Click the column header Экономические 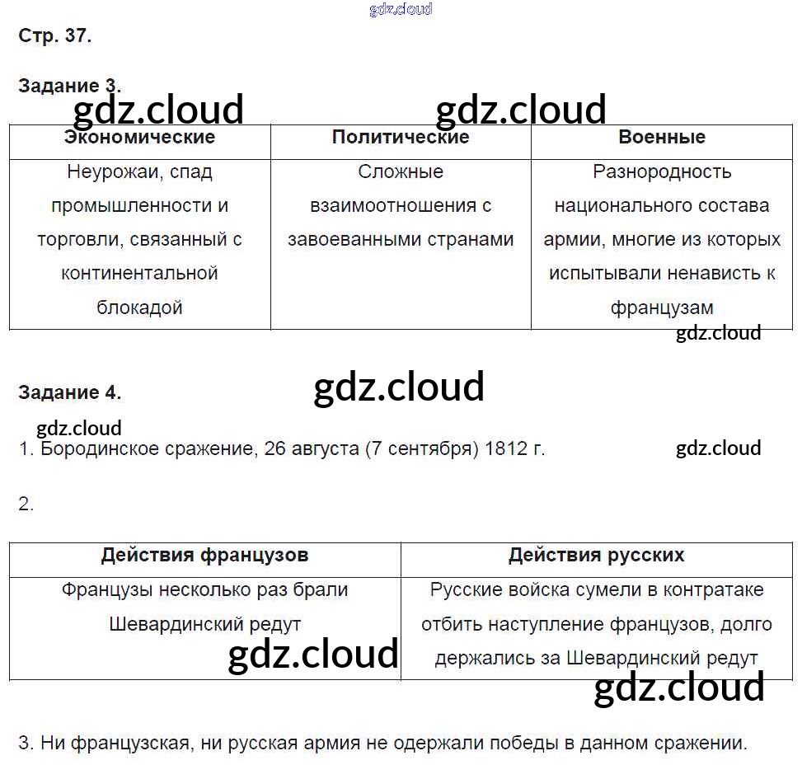coord(139,137)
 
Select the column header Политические coord(401,137)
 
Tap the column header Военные coord(662,137)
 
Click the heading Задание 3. coord(69,86)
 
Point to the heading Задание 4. coord(69,393)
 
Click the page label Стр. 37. coord(54,35)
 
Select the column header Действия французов coord(204,555)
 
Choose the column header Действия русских coord(596,555)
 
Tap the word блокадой coord(139,307)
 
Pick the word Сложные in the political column coord(401,172)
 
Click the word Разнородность coord(662,172)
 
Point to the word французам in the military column coord(662,307)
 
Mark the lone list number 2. coord(26,505)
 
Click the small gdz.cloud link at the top coord(401,10)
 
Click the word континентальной coord(139,274)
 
